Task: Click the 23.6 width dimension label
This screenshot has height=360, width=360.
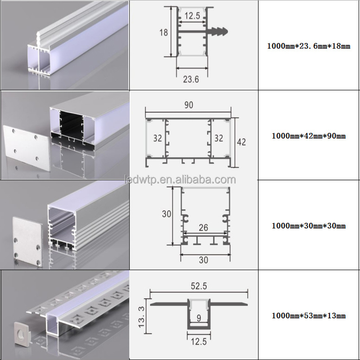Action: click(191, 80)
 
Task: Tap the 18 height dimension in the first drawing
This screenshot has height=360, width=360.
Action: click(164, 32)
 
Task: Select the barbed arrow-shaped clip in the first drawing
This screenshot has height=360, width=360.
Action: click(218, 31)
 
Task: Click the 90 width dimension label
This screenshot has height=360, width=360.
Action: click(189, 105)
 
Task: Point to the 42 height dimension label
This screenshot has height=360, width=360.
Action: click(241, 142)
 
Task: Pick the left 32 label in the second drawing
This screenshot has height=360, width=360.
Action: click(158, 138)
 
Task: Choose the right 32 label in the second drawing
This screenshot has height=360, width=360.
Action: click(219, 138)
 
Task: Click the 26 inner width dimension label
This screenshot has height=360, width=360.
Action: click(203, 228)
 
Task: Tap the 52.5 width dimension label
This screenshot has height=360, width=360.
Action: click(199, 286)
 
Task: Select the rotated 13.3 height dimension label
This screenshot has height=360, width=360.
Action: click(141, 317)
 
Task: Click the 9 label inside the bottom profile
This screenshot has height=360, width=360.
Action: click(199, 318)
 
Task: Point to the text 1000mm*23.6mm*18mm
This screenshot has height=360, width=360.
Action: click(309, 46)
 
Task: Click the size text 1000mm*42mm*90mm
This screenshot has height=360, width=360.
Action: click(309, 136)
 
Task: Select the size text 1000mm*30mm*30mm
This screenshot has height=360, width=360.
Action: click(309, 226)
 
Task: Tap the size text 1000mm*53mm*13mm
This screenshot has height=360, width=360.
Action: click(309, 316)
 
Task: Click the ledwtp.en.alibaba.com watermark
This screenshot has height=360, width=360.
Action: click(180, 180)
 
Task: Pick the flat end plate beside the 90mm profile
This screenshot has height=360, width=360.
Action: click(27, 148)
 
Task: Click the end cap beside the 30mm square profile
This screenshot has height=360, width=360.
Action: click(27, 242)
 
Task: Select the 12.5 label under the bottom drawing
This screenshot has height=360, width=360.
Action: click(199, 342)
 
